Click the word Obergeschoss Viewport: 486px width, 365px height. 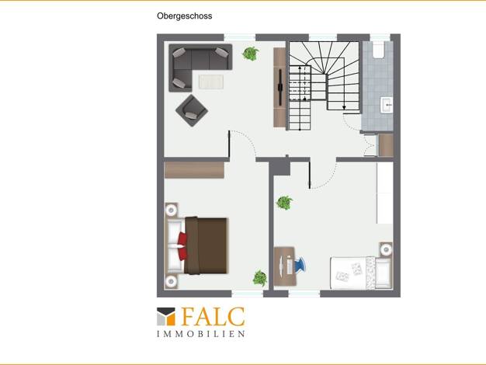tap(185, 16)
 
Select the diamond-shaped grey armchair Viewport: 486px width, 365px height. tap(192, 110)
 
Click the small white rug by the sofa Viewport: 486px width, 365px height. tap(210, 82)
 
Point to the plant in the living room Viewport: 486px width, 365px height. tap(251, 54)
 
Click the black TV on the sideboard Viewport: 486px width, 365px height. tap(280, 87)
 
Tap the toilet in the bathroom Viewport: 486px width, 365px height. tap(378, 50)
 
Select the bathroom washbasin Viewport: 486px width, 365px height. tap(387, 105)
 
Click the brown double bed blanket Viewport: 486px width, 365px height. tap(206, 245)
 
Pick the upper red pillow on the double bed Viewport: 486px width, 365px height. tap(182, 238)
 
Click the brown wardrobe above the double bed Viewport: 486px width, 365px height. tap(194, 169)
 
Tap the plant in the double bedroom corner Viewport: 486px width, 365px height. tap(260, 278)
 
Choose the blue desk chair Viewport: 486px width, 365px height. tap(300, 266)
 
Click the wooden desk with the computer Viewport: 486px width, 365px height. tap(284, 266)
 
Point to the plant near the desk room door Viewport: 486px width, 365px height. tap(284, 203)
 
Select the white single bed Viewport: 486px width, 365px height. tap(361, 273)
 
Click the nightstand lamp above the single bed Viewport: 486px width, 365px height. tap(386, 249)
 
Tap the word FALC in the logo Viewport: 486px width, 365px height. tap(213, 317)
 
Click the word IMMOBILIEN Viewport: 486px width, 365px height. tap(201, 334)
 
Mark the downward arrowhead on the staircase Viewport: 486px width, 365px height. tap(344, 107)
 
